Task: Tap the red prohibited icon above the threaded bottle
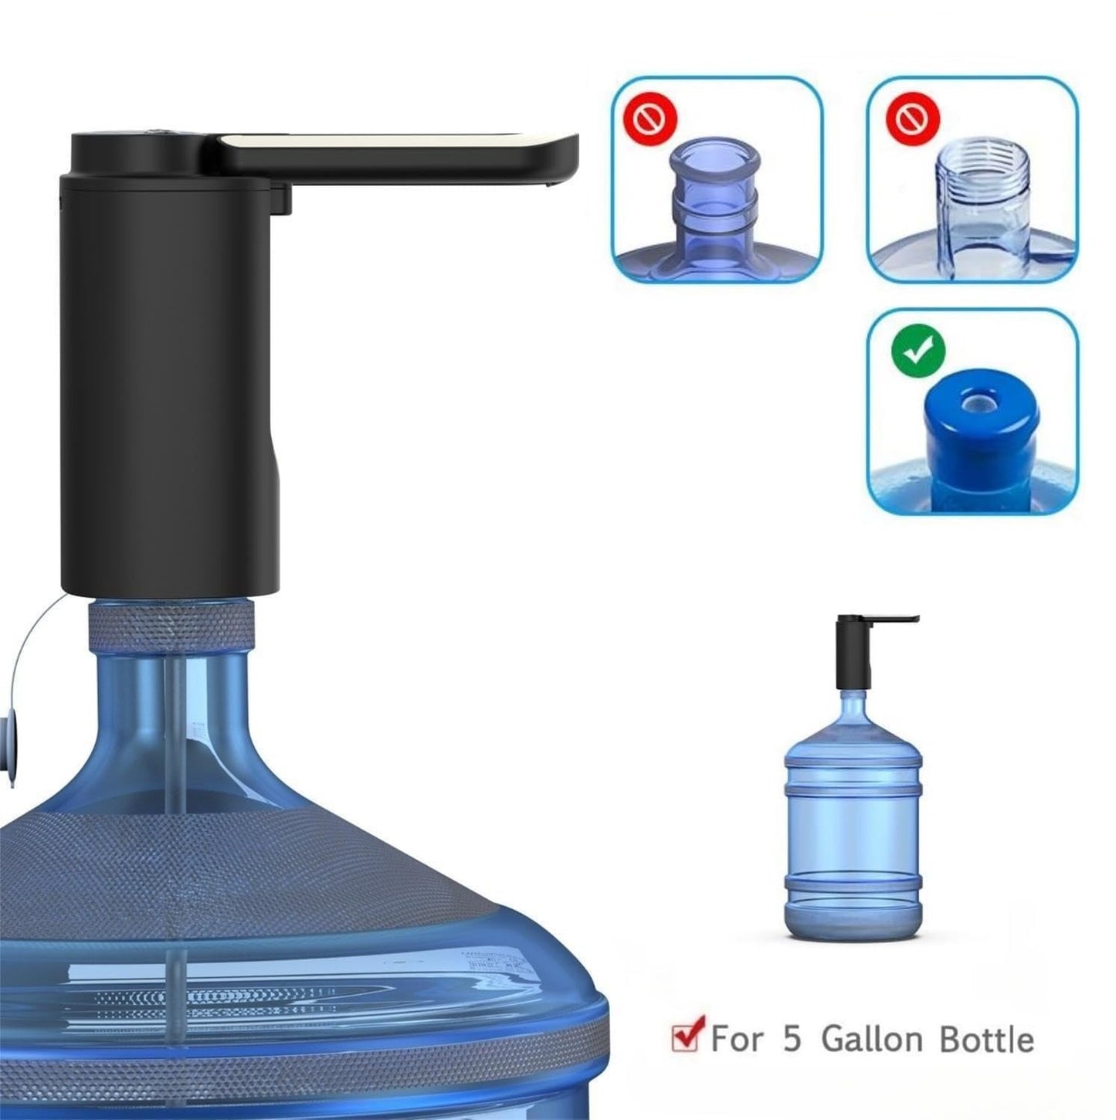[918, 118]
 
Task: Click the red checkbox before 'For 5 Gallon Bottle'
[687, 1036]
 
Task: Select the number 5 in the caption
[792, 1039]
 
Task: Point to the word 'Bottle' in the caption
[986, 1039]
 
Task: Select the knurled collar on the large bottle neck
[171, 621]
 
